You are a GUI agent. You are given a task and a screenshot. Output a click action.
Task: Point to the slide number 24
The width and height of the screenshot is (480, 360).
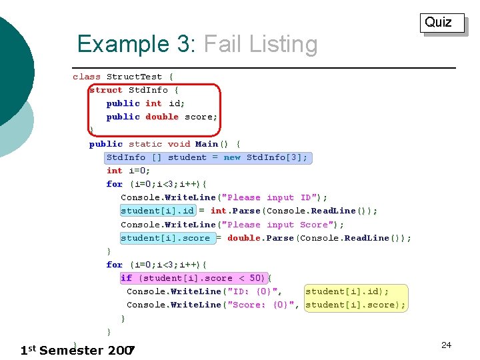point(446,345)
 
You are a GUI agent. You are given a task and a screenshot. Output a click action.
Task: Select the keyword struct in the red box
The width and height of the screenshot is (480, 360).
point(106,90)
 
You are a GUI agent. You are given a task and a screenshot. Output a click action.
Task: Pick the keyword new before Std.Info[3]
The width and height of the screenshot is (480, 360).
point(232,157)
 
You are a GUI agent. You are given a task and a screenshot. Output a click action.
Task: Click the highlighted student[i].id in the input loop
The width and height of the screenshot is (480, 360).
point(157,211)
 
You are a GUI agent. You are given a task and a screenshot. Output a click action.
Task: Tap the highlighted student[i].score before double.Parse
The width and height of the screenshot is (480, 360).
point(165,238)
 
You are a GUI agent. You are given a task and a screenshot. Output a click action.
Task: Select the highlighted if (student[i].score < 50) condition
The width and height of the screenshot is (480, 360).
point(193,278)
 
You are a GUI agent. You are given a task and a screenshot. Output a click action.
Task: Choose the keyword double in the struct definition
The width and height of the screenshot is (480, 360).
point(162,117)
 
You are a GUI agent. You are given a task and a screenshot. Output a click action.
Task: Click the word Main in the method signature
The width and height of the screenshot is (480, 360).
point(207,144)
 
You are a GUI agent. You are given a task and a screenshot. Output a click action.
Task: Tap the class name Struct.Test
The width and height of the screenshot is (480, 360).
point(134,77)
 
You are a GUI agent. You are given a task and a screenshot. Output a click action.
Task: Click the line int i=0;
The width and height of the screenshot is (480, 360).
point(128,171)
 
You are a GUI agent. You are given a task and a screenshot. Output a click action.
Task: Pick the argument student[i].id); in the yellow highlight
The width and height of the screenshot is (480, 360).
point(347,291)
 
